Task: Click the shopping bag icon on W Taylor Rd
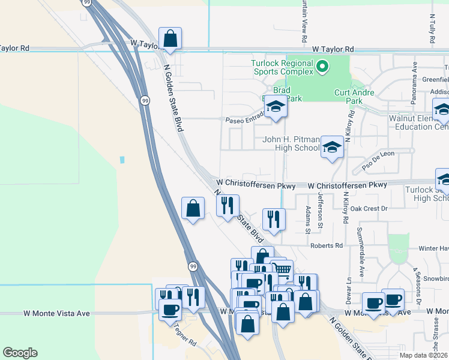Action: point(170,39)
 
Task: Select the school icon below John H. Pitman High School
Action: point(331,147)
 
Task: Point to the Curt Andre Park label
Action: point(355,97)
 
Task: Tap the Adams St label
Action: point(308,220)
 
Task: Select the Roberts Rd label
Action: point(327,245)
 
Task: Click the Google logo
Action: point(20,353)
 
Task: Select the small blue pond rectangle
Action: point(122,160)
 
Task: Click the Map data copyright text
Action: point(423,355)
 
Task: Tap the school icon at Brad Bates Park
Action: point(276,107)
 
